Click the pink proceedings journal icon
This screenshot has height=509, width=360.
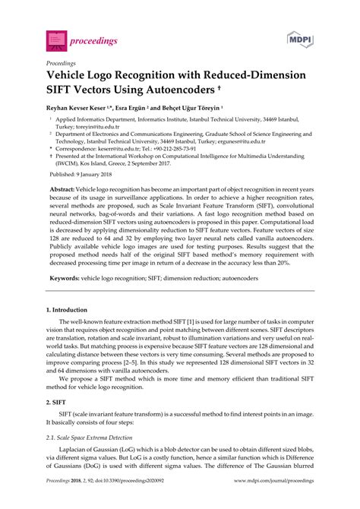(55, 36)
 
